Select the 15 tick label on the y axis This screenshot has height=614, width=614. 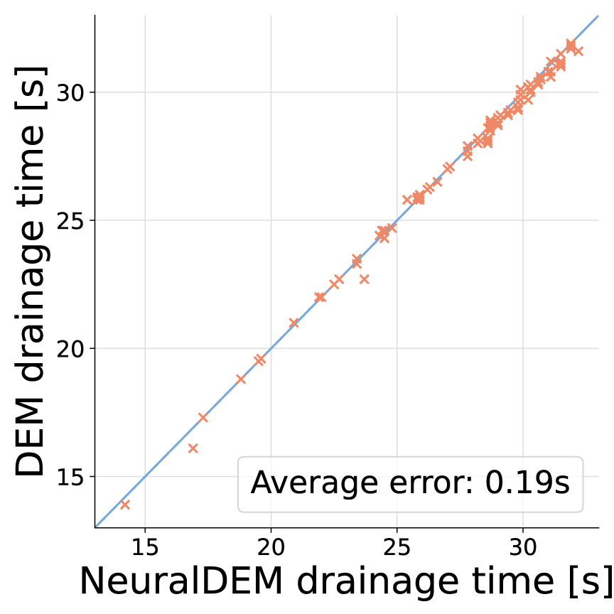pyautogui.click(x=72, y=476)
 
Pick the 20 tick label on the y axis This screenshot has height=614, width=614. pyautogui.click(x=72, y=348)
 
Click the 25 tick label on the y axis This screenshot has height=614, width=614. pyautogui.click(x=72, y=220)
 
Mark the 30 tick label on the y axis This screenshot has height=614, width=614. pyautogui.click(x=72, y=92)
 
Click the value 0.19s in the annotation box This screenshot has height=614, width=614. pyautogui.click(x=527, y=484)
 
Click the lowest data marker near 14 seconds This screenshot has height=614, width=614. pyautogui.click(x=125, y=505)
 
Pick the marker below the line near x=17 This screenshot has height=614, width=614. pyautogui.click(x=193, y=448)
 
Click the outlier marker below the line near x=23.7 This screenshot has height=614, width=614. pyautogui.click(x=365, y=279)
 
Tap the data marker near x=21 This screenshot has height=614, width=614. pyautogui.click(x=293, y=323)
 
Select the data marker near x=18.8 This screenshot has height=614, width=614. pyautogui.click(x=241, y=379)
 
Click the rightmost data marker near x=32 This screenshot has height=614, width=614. pyautogui.click(x=578, y=51)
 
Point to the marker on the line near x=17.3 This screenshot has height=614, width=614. pyautogui.click(x=203, y=417)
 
